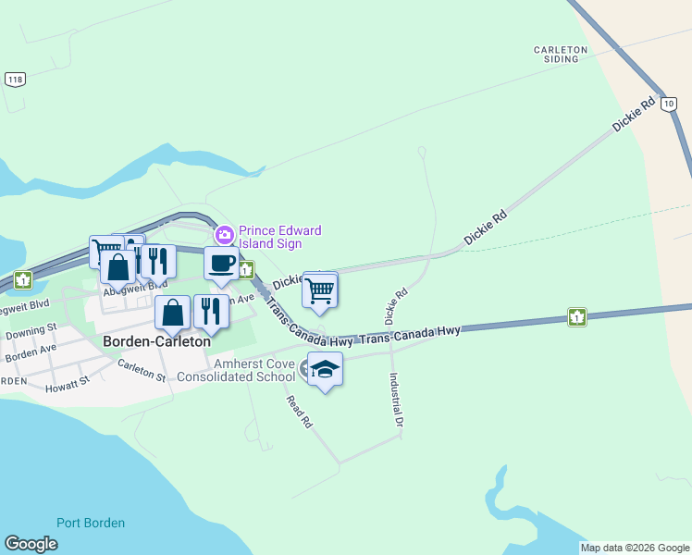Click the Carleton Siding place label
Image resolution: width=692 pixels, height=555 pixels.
(561, 54)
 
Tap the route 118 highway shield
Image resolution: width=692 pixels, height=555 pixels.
(14, 80)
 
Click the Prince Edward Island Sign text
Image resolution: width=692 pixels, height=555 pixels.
(280, 237)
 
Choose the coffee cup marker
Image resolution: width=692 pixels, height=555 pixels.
(220, 264)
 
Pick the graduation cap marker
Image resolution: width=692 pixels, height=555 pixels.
(325, 369)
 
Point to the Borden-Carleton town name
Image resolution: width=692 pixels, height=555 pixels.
(156, 340)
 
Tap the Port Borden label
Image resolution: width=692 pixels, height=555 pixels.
(91, 523)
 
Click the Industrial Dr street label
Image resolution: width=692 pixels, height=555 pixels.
(398, 400)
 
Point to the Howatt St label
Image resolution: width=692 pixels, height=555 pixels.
(71, 380)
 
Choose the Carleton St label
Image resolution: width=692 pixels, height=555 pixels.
(141, 370)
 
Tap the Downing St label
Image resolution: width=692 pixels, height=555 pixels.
(31, 330)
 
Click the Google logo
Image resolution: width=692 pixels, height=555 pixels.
(31, 544)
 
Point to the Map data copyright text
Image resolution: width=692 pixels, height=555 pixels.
(635, 548)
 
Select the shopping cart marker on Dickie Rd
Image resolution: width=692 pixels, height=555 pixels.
(319, 290)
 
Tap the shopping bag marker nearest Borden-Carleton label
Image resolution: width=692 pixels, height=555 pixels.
(173, 314)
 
